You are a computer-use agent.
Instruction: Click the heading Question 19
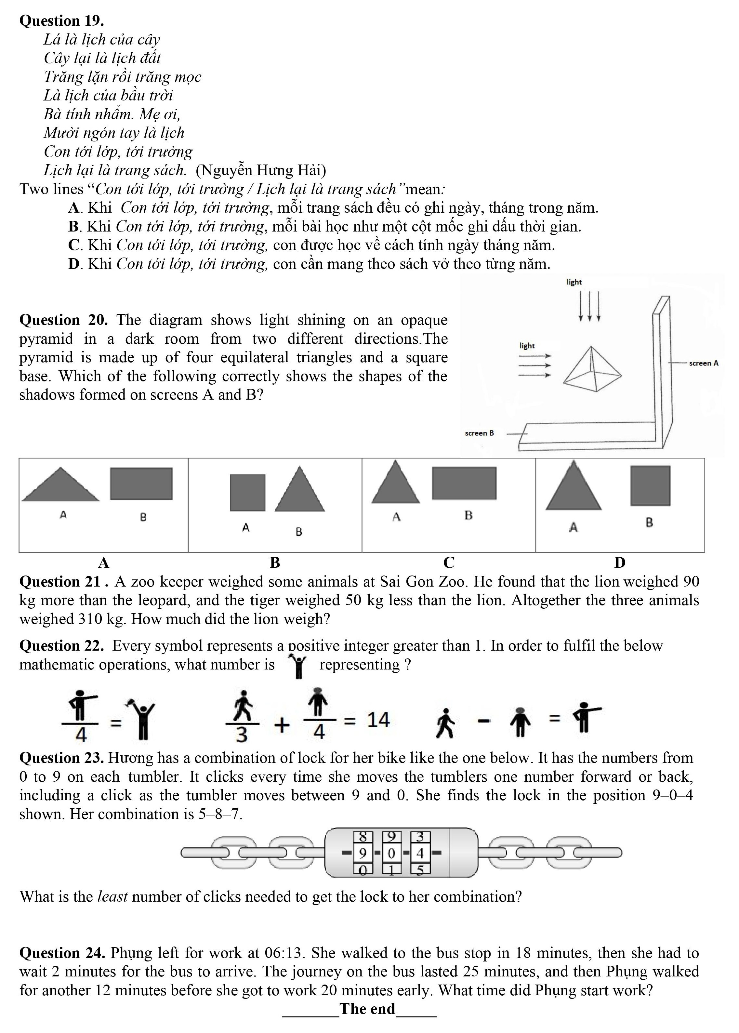tap(61, 21)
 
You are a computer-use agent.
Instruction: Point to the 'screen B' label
tap(479, 433)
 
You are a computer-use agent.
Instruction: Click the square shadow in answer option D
tap(650, 485)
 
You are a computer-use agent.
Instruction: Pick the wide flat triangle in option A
tap(60, 486)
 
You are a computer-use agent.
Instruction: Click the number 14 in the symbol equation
tap(378, 720)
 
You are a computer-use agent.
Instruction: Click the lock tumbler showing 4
tap(420, 853)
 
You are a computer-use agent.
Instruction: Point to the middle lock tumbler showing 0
tap(391, 853)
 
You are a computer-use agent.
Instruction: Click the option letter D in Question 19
tap(74, 264)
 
